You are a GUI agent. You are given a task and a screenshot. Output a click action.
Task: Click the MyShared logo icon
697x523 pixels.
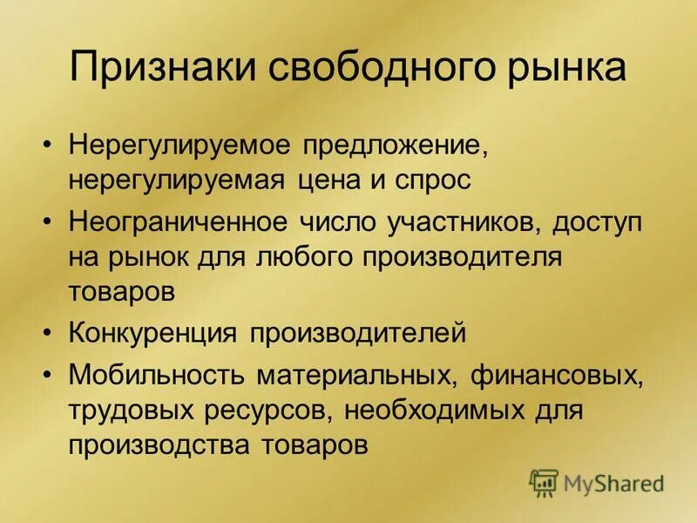pyautogui.click(x=544, y=482)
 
